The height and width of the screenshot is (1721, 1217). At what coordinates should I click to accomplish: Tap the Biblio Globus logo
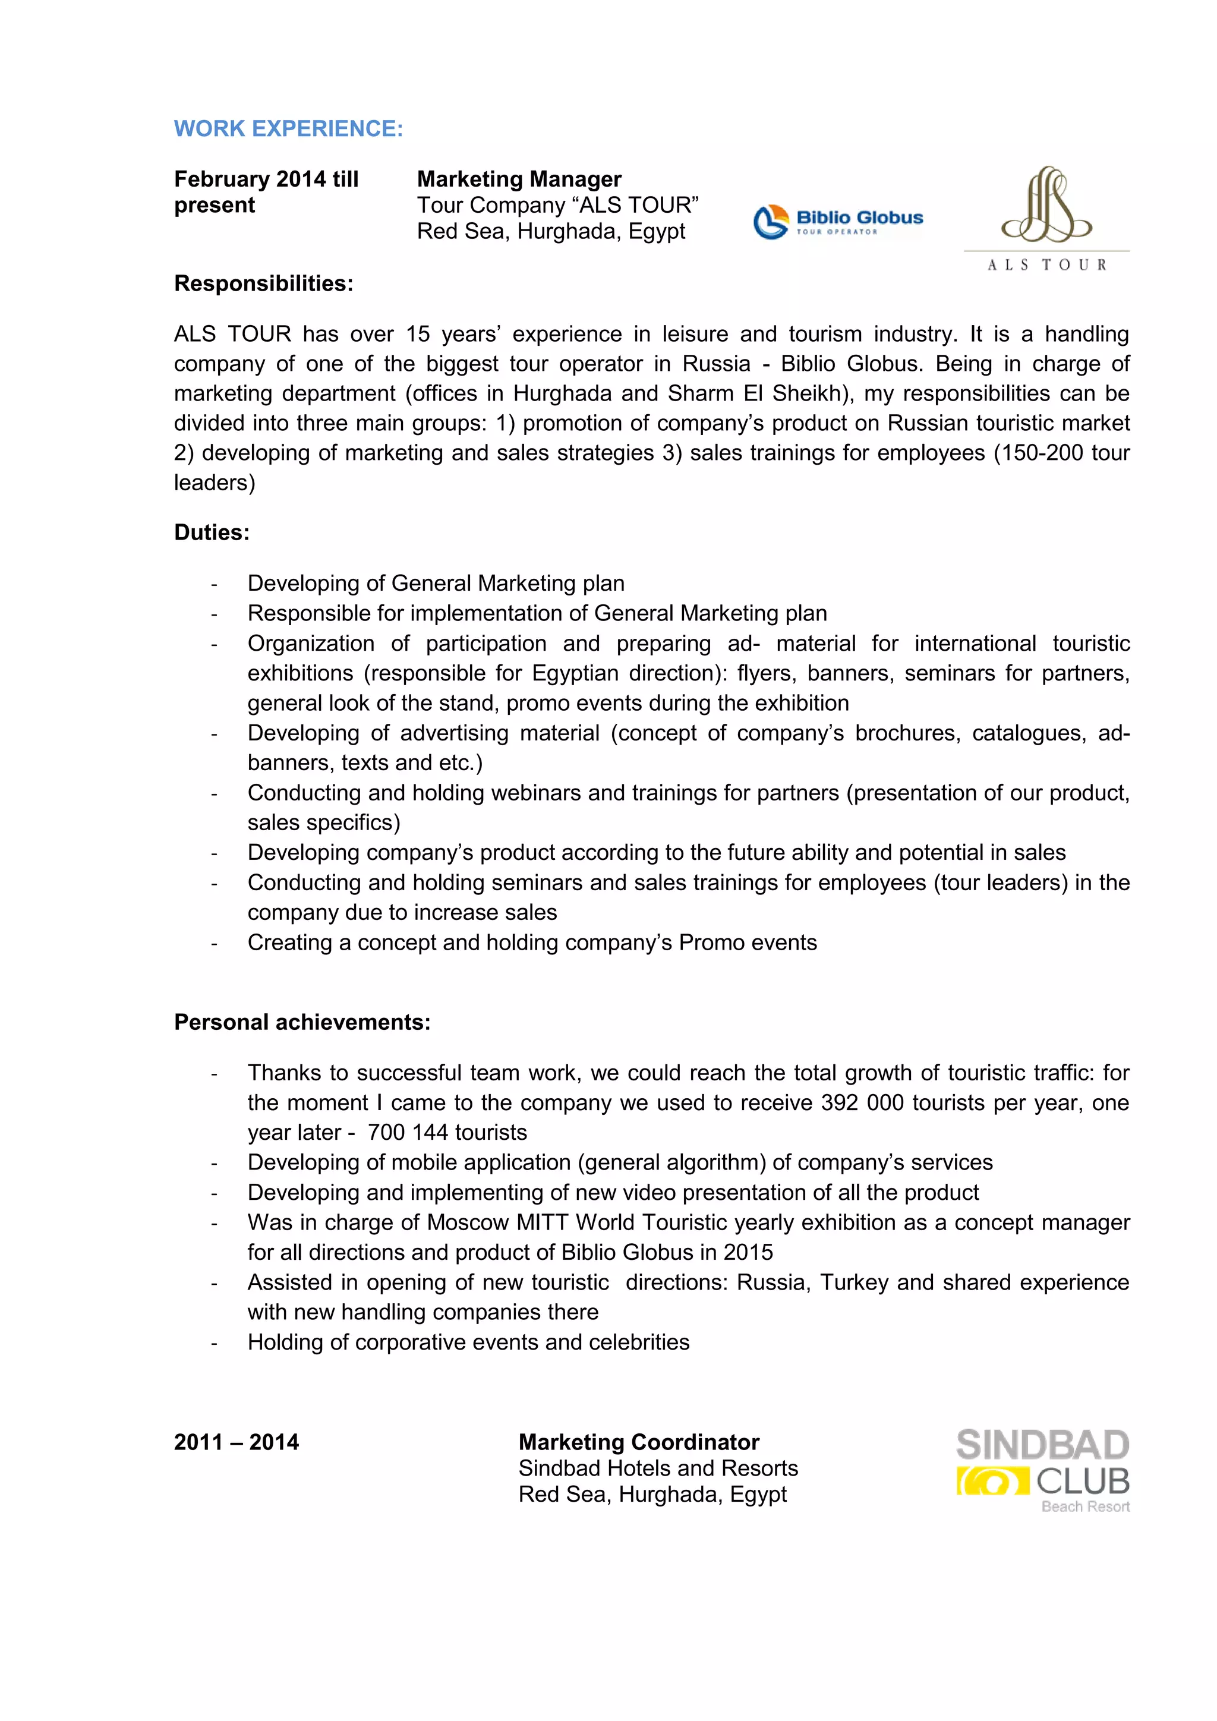[838, 222]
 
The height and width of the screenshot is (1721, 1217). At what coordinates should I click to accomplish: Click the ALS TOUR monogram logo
[1046, 218]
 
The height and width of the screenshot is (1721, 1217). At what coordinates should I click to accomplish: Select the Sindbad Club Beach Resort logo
[1043, 1471]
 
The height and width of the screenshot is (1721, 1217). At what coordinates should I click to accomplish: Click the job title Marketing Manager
[519, 179]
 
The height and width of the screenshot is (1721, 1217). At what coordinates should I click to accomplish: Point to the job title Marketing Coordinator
[638, 1442]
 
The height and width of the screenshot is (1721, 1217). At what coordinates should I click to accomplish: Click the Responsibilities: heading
[263, 283]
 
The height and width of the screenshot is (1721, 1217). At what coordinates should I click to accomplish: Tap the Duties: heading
[212, 532]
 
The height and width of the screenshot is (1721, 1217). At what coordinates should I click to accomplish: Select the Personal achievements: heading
[302, 1022]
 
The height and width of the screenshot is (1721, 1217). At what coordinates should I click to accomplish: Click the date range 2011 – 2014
[236, 1442]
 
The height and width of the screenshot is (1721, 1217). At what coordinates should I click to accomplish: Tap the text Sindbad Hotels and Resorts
[657, 1468]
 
